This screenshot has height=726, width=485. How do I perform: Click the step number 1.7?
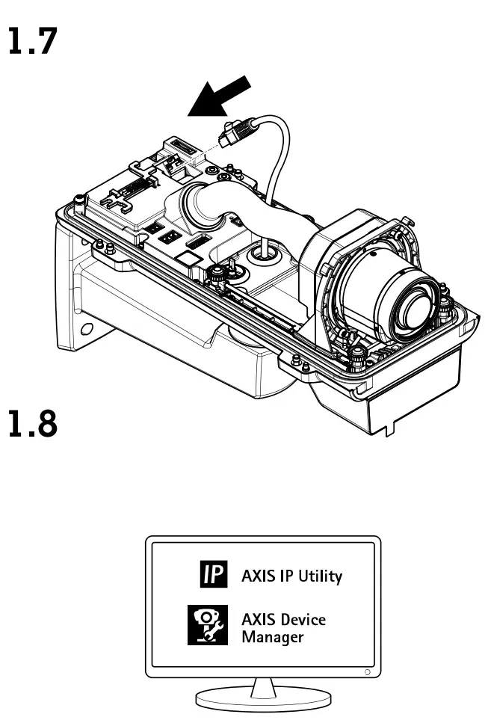point(31,42)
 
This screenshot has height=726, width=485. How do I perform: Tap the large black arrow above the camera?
point(218,98)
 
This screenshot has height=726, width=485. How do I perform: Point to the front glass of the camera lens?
point(413,310)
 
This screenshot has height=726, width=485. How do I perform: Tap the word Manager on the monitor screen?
point(272,637)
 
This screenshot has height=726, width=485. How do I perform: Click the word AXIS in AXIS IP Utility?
point(256,576)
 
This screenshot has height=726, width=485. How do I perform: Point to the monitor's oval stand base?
point(263,701)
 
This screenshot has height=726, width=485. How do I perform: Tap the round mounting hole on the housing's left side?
point(87,328)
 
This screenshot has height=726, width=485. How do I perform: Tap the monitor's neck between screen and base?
point(263,685)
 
